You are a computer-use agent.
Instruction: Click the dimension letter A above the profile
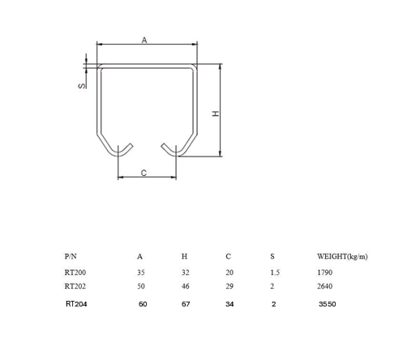tap(144, 40)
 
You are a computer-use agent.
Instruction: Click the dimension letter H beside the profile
tap(215, 114)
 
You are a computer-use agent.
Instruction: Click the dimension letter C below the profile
tap(144, 172)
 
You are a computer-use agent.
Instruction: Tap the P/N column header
tap(71, 257)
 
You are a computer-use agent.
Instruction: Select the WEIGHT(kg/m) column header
tap(342, 257)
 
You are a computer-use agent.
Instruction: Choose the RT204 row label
tap(75, 305)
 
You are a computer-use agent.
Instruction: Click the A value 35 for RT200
tap(140, 273)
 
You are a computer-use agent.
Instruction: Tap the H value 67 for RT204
tap(185, 305)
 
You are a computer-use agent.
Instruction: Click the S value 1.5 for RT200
tap(275, 273)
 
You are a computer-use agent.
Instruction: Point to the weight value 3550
tap(328, 305)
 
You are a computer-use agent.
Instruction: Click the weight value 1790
tap(324, 273)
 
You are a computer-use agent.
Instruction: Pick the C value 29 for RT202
tap(229, 286)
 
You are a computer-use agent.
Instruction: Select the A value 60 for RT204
tap(143, 305)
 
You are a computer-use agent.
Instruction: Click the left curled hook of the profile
tap(123, 151)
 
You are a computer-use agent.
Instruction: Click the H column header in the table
tap(184, 257)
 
